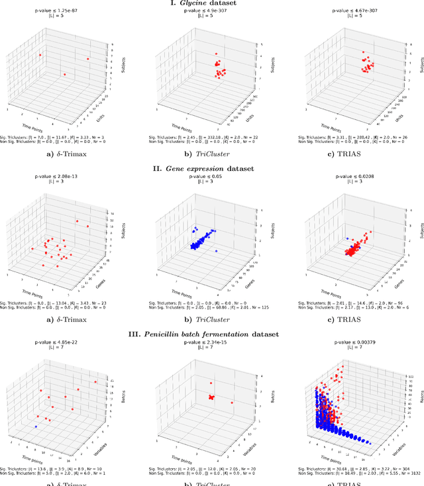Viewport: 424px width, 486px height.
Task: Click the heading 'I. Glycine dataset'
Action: pyautogui.click(x=212, y=4)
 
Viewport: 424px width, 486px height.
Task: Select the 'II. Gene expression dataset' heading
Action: pyautogui.click(x=212, y=168)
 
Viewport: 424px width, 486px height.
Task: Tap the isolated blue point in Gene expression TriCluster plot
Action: pyautogui.click(x=216, y=252)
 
